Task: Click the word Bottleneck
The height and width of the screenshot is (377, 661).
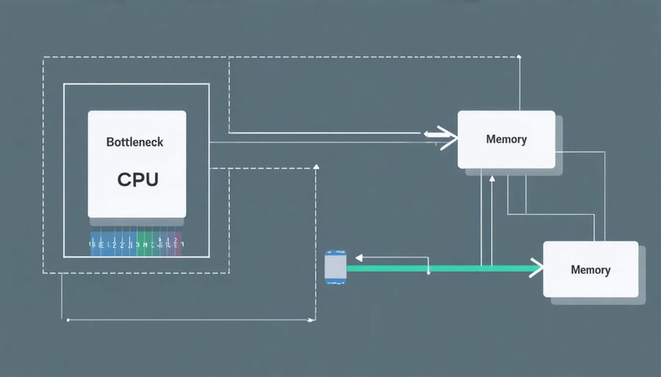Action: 135,142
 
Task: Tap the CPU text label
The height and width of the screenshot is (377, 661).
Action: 137,179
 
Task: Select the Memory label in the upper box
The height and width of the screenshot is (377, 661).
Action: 506,139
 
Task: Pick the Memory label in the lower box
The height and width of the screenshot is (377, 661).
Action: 590,270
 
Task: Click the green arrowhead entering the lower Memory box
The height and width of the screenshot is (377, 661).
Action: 536,268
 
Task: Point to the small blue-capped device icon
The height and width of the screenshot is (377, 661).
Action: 335,268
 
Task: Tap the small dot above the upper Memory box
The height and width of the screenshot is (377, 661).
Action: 519,56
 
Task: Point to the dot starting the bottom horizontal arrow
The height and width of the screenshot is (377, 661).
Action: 68,320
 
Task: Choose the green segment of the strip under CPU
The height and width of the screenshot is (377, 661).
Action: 147,244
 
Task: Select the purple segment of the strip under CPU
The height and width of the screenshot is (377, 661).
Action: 176,244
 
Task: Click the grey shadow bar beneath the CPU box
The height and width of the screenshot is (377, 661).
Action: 137,222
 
